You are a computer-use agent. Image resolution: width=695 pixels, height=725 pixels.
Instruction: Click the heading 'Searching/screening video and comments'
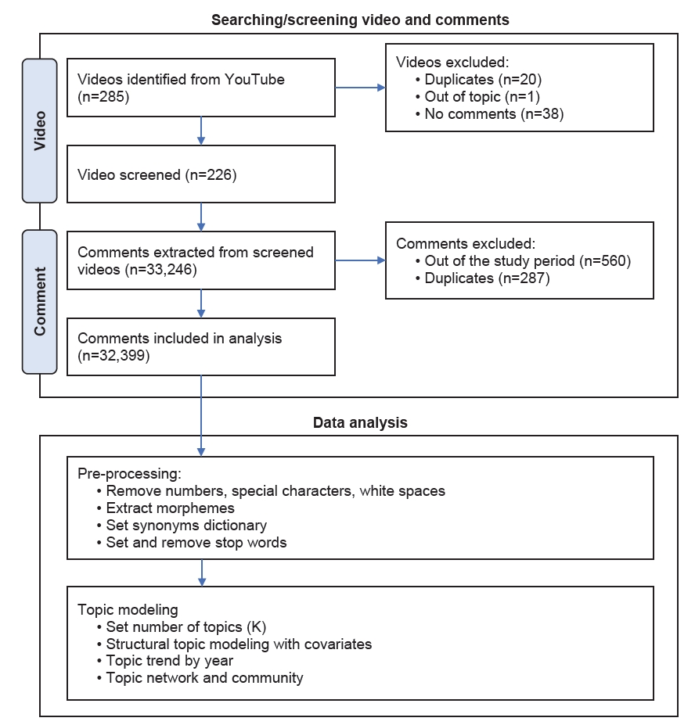point(360,20)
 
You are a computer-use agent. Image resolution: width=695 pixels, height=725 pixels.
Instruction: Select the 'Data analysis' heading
point(360,422)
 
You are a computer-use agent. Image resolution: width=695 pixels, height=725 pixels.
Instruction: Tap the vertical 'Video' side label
point(40,131)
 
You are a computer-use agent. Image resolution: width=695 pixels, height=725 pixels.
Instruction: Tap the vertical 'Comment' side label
point(40,301)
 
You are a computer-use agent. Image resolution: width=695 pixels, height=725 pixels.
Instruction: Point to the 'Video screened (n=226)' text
point(157,174)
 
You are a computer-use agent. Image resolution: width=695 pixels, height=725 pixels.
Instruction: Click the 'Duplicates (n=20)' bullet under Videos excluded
point(478,80)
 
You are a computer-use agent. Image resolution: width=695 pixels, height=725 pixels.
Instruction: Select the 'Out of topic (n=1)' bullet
point(477,97)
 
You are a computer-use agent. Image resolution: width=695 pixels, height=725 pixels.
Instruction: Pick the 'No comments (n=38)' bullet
point(490,114)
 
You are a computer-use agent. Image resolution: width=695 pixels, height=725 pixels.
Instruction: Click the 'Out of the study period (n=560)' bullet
point(524,260)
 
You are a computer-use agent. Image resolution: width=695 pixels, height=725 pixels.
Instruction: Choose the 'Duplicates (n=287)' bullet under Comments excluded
point(483,278)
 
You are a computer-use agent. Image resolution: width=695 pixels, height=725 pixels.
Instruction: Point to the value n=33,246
point(160,270)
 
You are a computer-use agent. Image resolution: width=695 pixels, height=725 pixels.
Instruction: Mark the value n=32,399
point(113,356)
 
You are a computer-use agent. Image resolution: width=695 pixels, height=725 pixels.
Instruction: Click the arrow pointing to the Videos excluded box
point(360,88)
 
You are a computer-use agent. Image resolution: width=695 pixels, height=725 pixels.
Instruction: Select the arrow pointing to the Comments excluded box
point(360,260)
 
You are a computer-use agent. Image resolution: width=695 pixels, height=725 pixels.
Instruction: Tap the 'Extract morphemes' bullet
point(166,508)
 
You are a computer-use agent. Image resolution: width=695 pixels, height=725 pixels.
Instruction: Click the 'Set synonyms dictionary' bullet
point(182,526)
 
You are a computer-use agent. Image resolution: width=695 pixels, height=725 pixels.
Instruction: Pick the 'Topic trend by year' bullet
point(165,661)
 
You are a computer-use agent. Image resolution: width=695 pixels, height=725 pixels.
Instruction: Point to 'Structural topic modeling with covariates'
point(235,644)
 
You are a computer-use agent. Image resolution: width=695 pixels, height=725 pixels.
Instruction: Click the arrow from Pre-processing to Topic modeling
point(202,572)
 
